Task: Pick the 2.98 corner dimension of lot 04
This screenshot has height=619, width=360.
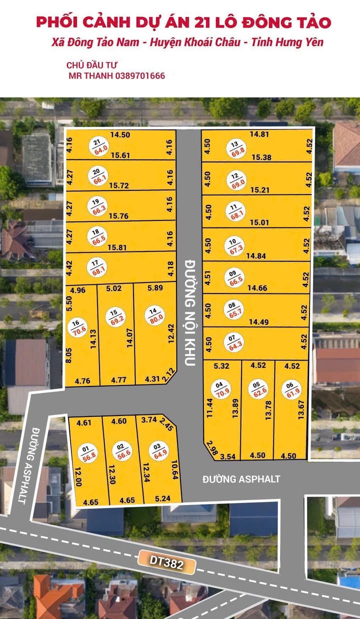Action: (211, 446)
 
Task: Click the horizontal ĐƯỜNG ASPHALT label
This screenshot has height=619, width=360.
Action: (241, 479)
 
